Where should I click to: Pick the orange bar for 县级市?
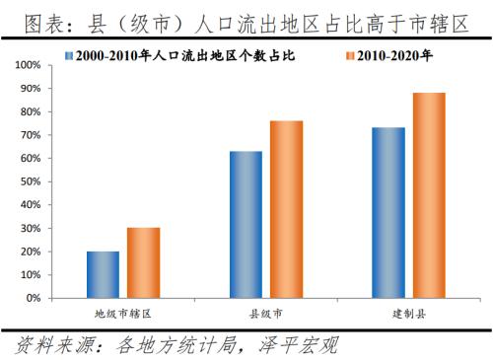pos(286,209)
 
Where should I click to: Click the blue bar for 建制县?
pos(388,212)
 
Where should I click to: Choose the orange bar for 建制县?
pos(428,195)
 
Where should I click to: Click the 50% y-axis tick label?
pos(30,181)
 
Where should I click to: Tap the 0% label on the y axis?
pos(33,298)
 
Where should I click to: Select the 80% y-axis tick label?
pos(30,111)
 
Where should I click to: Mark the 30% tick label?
pos(30,228)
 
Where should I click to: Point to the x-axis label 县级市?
pos(265,313)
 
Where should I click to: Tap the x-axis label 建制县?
pos(408,313)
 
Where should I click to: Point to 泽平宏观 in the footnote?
pos(298,346)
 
